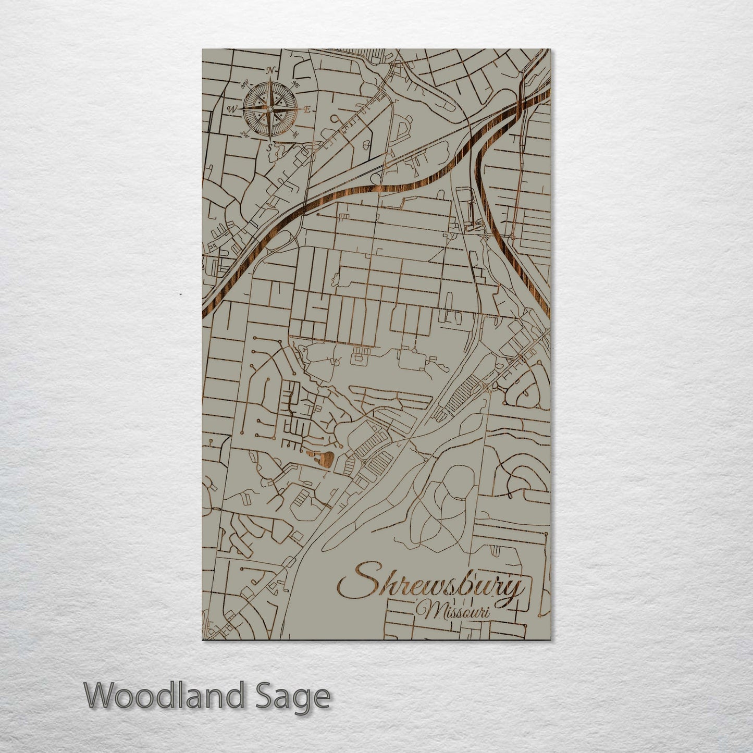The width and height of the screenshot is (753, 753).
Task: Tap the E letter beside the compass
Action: [307, 110]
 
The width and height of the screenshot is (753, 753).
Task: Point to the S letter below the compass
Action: [269, 148]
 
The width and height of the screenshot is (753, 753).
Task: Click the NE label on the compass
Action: [296, 83]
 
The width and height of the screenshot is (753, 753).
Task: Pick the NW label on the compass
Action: [243, 83]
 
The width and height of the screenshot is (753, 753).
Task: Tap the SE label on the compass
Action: [295, 135]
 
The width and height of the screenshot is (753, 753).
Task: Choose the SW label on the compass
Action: [244, 134]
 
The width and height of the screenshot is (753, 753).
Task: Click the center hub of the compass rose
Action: [270, 109]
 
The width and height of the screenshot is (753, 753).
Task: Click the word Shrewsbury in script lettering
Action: [430, 584]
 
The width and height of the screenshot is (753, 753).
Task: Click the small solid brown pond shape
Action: [323, 459]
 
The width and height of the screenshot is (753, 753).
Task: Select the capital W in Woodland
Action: [101, 696]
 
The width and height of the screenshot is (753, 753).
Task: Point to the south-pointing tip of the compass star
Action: [270, 139]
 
